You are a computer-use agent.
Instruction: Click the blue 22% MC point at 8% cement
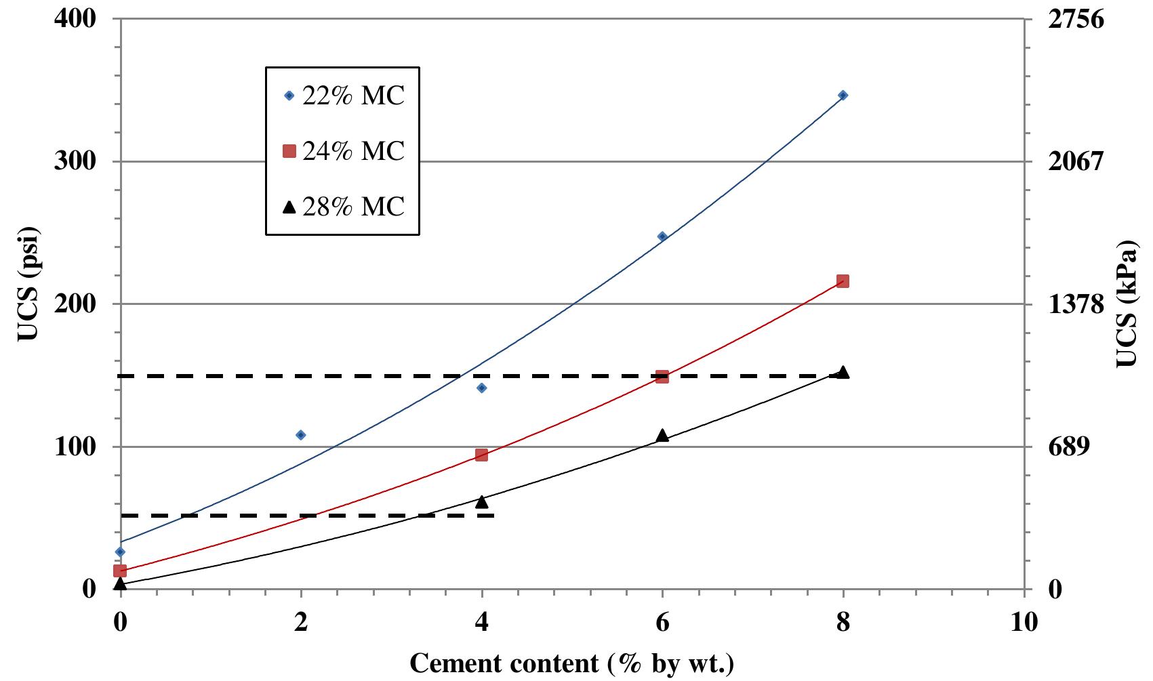pyautogui.click(x=843, y=96)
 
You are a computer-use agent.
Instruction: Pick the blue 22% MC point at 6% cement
pyautogui.click(x=662, y=236)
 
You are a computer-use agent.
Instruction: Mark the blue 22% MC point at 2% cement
pyautogui.click(x=301, y=435)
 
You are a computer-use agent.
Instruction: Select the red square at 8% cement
pyautogui.click(x=843, y=281)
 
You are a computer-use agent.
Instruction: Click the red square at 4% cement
pyautogui.click(x=481, y=455)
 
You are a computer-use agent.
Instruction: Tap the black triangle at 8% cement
pyautogui.click(x=843, y=372)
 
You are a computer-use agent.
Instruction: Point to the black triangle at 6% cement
pyautogui.click(x=662, y=435)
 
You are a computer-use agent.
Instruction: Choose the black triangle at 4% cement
pyautogui.click(x=481, y=501)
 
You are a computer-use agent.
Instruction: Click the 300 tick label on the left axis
pyautogui.click(x=75, y=162)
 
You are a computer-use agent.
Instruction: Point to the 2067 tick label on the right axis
pyautogui.click(x=1076, y=162)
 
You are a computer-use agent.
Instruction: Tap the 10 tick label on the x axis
pyautogui.click(x=1024, y=622)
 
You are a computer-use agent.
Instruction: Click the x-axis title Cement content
pyautogui.click(x=571, y=663)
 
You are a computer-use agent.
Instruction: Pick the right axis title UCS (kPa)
pyautogui.click(x=1126, y=303)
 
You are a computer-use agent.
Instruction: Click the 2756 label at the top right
pyautogui.click(x=1076, y=19)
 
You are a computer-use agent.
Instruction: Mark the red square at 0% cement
pyautogui.click(x=121, y=571)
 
